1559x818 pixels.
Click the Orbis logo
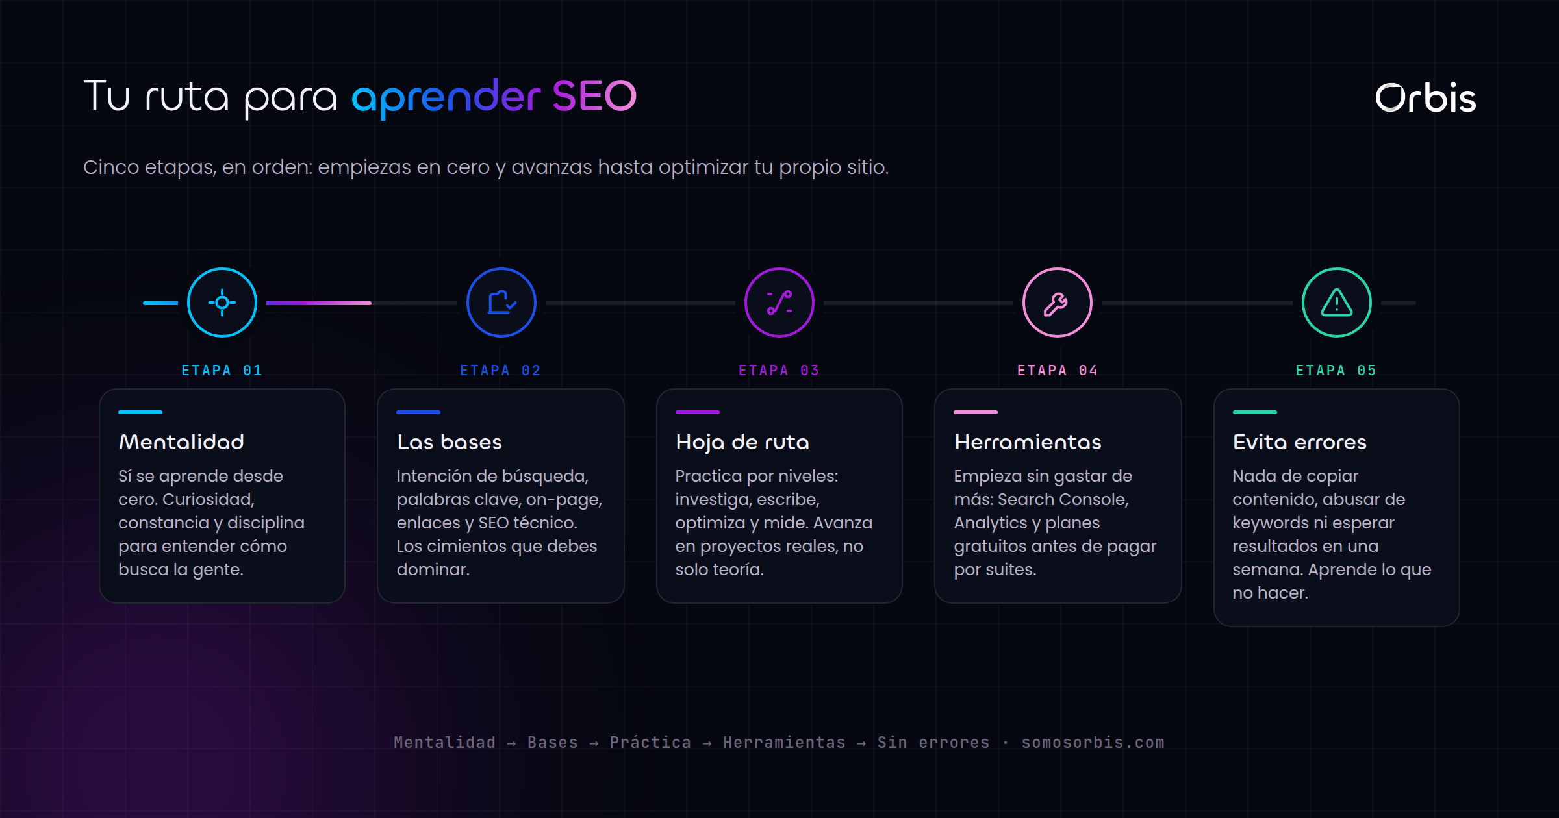[1425, 98]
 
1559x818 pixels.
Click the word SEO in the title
[594, 96]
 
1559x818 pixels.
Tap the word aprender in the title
[446, 98]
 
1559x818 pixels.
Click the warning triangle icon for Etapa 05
[1337, 303]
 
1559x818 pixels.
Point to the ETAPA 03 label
[779, 370]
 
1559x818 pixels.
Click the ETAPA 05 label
[1336, 370]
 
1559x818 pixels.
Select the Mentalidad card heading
[181, 442]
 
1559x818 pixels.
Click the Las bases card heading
[450, 442]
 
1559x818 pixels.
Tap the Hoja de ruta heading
[742, 443]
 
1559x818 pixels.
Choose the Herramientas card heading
[1028, 442]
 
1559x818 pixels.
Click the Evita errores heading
[1300, 442]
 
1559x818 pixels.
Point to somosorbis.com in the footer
[1093, 742]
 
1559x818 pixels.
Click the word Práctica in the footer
[650, 742]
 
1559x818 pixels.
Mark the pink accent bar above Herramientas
[976, 412]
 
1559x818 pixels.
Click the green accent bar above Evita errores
[1255, 412]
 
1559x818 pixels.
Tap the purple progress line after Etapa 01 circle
[319, 303]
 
